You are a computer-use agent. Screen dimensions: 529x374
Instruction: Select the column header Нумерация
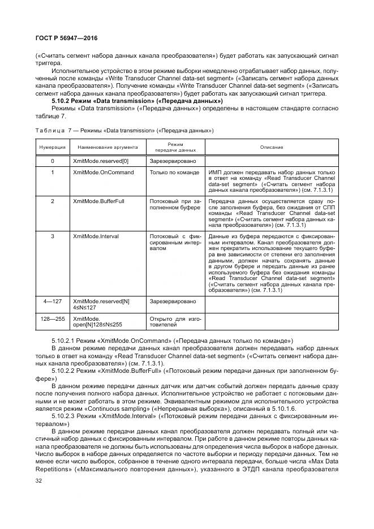(52, 147)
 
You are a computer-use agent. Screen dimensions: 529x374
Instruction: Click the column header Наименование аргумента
(104, 147)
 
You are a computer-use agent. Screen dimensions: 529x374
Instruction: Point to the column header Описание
(272, 147)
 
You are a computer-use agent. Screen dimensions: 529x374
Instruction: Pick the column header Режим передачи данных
(175, 147)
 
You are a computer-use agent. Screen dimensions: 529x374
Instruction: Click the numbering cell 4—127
(52, 301)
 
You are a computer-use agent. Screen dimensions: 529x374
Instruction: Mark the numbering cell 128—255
(52, 319)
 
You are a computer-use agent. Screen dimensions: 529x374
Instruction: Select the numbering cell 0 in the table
(52, 161)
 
